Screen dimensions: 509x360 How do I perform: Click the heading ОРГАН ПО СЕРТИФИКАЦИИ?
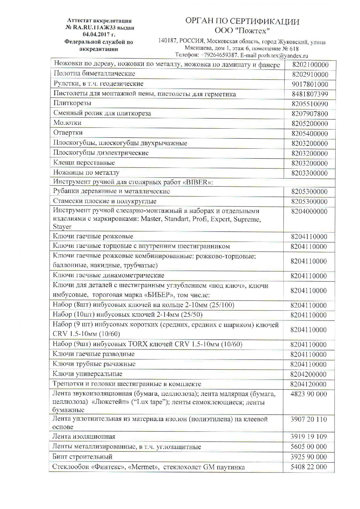pyautogui.click(x=242, y=21)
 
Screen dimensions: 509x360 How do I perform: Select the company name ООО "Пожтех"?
pyautogui.click(x=242, y=30)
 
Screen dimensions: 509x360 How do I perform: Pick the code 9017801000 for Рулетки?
pyautogui.click(x=310, y=84)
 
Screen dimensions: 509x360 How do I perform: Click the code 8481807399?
pyautogui.click(x=310, y=94)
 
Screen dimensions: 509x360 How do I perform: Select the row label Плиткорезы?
pyautogui.click(x=72, y=103)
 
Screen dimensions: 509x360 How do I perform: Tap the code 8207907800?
pyautogui.click(x=310, y=114)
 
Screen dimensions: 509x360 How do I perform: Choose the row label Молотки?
pyautogui.click(x=67, y=123)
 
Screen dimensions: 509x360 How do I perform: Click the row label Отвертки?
pyautogui.click(x=68, y=133)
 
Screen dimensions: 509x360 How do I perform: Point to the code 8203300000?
pyautogui.click(x=309, y=173)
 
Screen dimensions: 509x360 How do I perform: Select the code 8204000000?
pyautogui.click(x=309, y=211)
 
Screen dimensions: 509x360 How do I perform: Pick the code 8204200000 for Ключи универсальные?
pyautogui.click(x=308, y=374)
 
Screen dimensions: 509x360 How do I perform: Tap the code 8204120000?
pyautogui.click(x=308, y=384)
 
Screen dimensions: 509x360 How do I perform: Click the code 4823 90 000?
pyautogui.click(x=308, y=394)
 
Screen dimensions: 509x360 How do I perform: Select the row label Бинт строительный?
pyautogui.click(x=82, y=457)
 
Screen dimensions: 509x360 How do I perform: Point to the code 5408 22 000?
pyautogui.click(x=308, y=467)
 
